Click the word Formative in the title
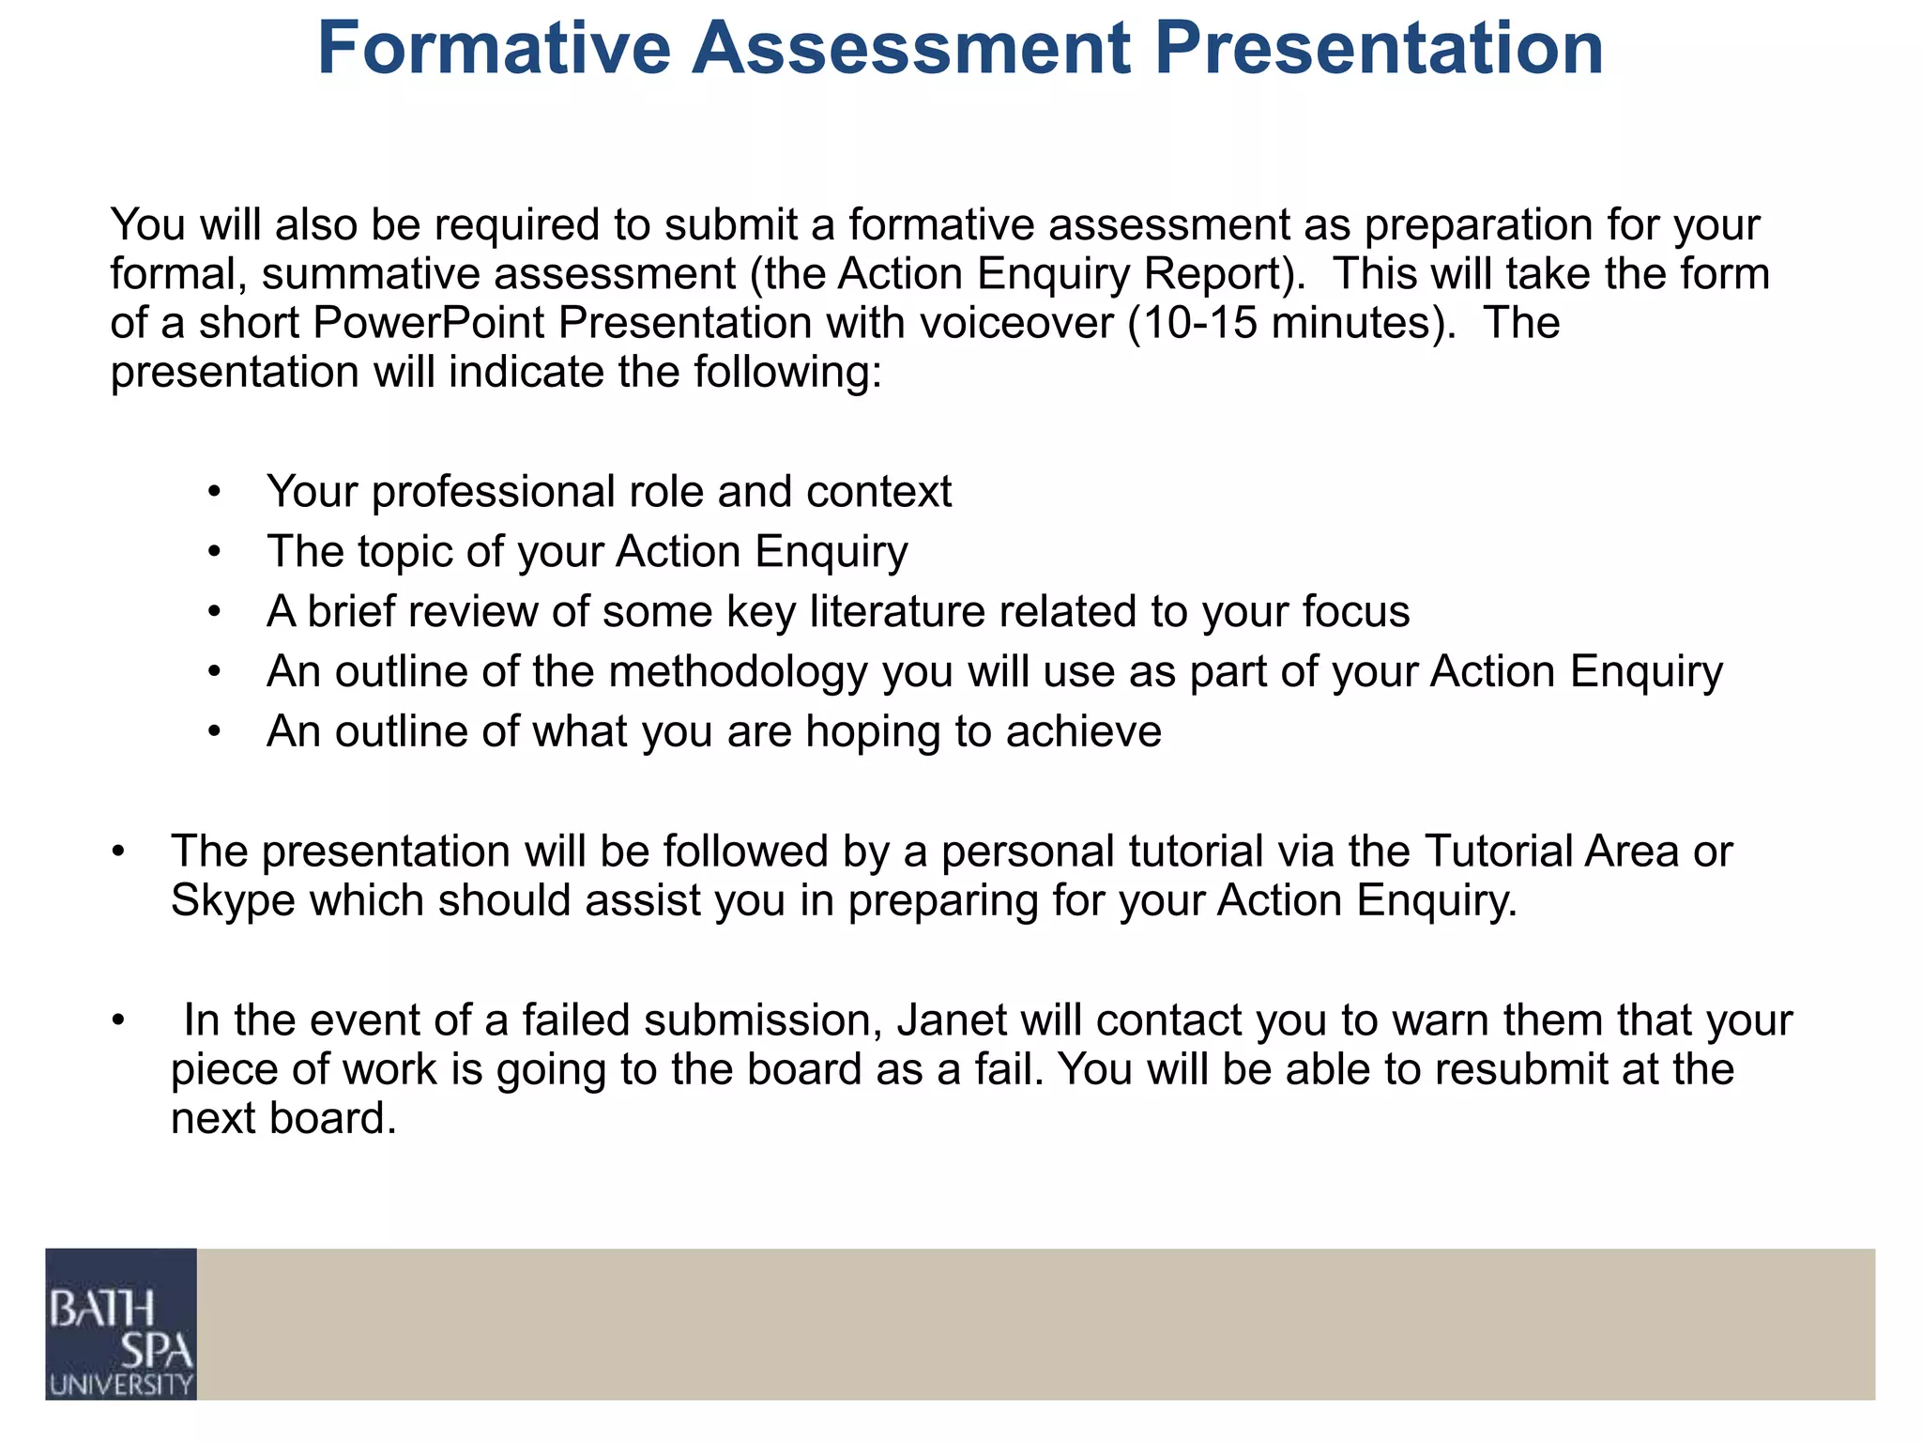point(494,49)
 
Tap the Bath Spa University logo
point(121,1324)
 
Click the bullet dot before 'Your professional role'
point(215,492)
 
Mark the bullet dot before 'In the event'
point(117,1020)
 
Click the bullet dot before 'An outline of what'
point(215,731)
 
